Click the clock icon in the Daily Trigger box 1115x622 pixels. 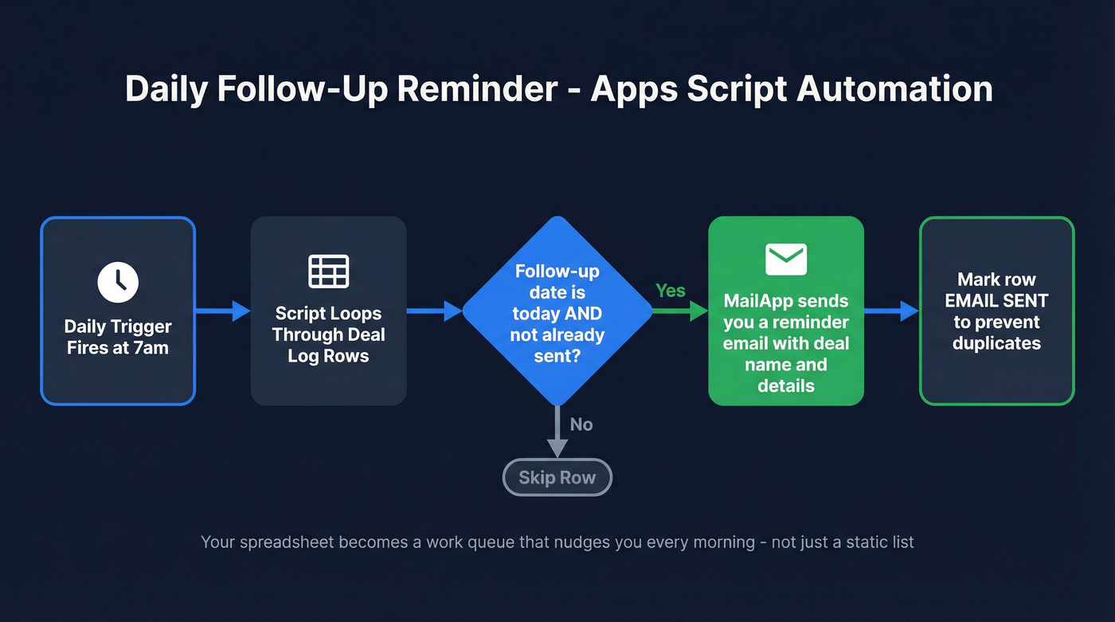(x=118, y=282)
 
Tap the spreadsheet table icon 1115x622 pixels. (x=328, y=272)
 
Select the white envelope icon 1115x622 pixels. (x=786, y=259)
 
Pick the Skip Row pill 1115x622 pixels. (x=557, y=478)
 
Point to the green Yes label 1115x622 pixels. (x=670, y=291)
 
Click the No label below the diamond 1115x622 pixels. (x=581, y=424)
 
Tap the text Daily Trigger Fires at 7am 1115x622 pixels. (x=118, y=337)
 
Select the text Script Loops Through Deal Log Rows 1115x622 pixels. (x=328, y=334)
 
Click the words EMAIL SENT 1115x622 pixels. (x=996, y=301)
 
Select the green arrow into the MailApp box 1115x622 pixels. (x=681, y=311)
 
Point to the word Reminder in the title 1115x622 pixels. (x=478, y=89)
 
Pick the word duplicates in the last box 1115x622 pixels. (x=996, y=343)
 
